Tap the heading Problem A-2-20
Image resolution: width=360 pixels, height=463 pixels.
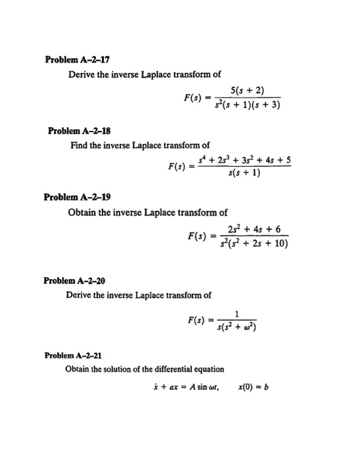[x=70, y=280]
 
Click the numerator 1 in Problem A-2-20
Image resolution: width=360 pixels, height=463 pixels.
[x=236, y=314]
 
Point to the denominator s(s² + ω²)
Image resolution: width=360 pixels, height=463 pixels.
[x=236, y=327]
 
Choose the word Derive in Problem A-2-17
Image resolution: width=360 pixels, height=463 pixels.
[x=82, y=74]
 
